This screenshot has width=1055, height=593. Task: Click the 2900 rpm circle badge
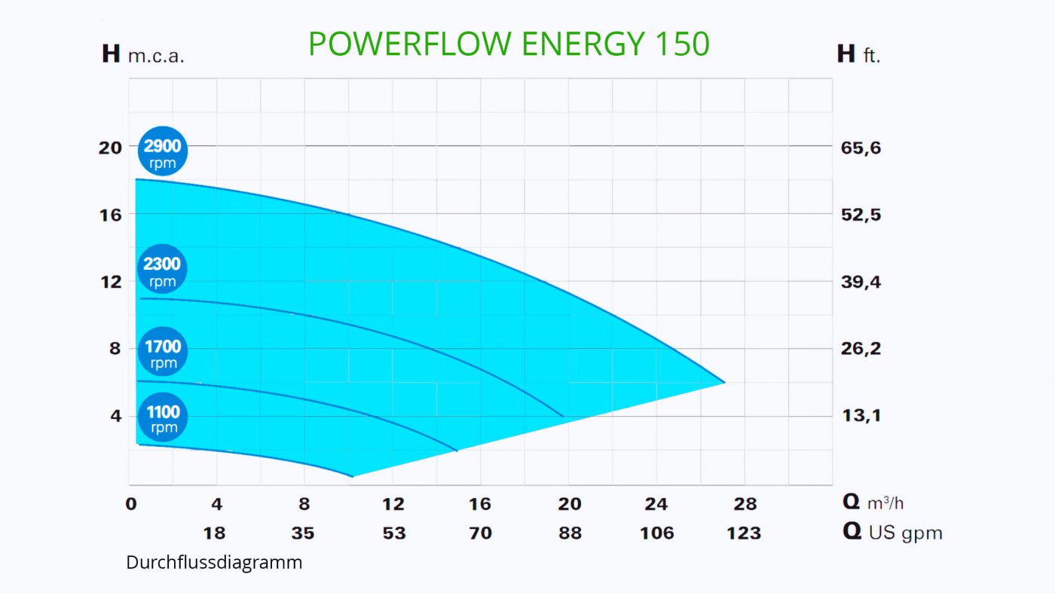(x=162, y=151)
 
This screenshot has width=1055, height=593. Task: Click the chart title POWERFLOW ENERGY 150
(x=509, y=44)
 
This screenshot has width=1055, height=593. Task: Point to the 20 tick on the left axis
(x=110, y=148)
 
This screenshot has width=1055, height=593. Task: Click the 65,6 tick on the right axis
(x=861, y=148)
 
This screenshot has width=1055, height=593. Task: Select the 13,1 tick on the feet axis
(x=861, y=416)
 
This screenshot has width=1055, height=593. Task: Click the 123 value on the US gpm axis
(x=744, y=533)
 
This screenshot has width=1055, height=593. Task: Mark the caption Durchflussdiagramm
(x=214, y=563)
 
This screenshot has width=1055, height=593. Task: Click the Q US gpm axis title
(x=892, y=533)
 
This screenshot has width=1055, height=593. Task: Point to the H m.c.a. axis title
(x=143, y=55)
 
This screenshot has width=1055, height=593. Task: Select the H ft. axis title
(x=858, y=55)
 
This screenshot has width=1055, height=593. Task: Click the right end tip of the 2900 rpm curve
(x=724, y=382)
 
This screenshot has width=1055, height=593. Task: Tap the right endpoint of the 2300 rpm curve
(x=563, y=416)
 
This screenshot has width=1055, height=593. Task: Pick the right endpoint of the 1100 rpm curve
(x=352, y=476)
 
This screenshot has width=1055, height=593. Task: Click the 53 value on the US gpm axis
(x=393, y=533)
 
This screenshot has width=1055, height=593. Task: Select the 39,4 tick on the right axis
(x=861, y=282)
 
